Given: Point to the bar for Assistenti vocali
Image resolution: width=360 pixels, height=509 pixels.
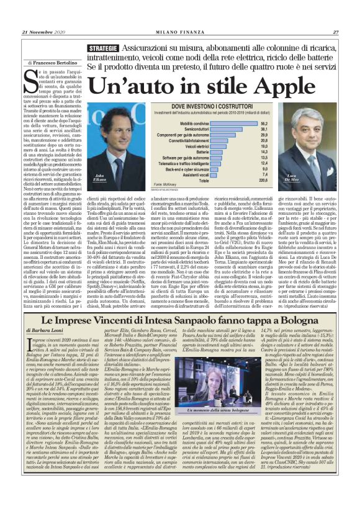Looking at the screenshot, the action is [199, 174].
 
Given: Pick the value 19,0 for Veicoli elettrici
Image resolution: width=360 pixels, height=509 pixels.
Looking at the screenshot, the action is [263, 146].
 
